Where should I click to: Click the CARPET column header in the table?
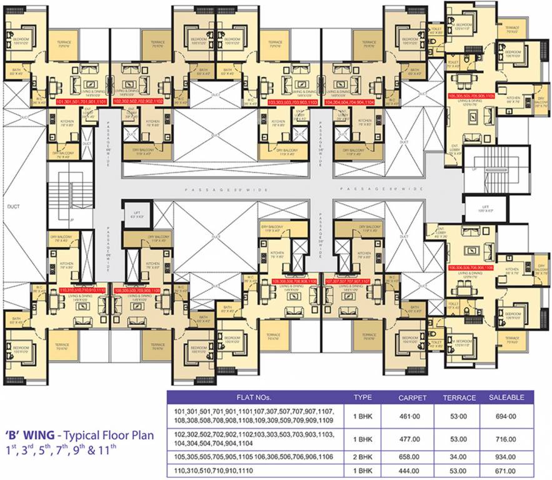(x=412, y=397)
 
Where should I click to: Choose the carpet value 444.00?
(x=412, y=469)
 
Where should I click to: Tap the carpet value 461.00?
(x=412, y=416)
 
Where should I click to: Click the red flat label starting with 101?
(x=81, y=101)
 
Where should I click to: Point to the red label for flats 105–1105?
(x=471, y=95)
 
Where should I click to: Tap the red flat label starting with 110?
(x=82, y=290)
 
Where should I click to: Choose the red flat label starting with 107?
(x=348, y=281)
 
